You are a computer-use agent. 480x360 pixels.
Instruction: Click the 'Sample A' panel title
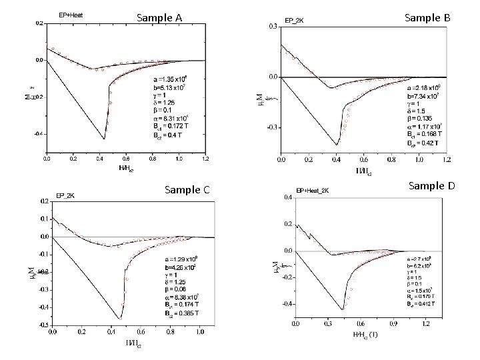point(159,18)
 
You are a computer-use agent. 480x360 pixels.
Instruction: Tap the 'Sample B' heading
point(428,18)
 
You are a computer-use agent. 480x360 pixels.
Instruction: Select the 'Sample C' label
point(187,190)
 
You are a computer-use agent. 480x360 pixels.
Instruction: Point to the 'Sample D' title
point(431,185)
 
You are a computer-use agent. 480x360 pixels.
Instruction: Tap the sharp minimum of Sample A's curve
point(104,139)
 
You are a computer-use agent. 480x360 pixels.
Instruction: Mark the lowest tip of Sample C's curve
point(120,318)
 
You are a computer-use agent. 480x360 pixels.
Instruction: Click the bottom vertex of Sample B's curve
point(337,145)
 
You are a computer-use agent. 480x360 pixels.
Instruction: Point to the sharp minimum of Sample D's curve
point(343,309)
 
